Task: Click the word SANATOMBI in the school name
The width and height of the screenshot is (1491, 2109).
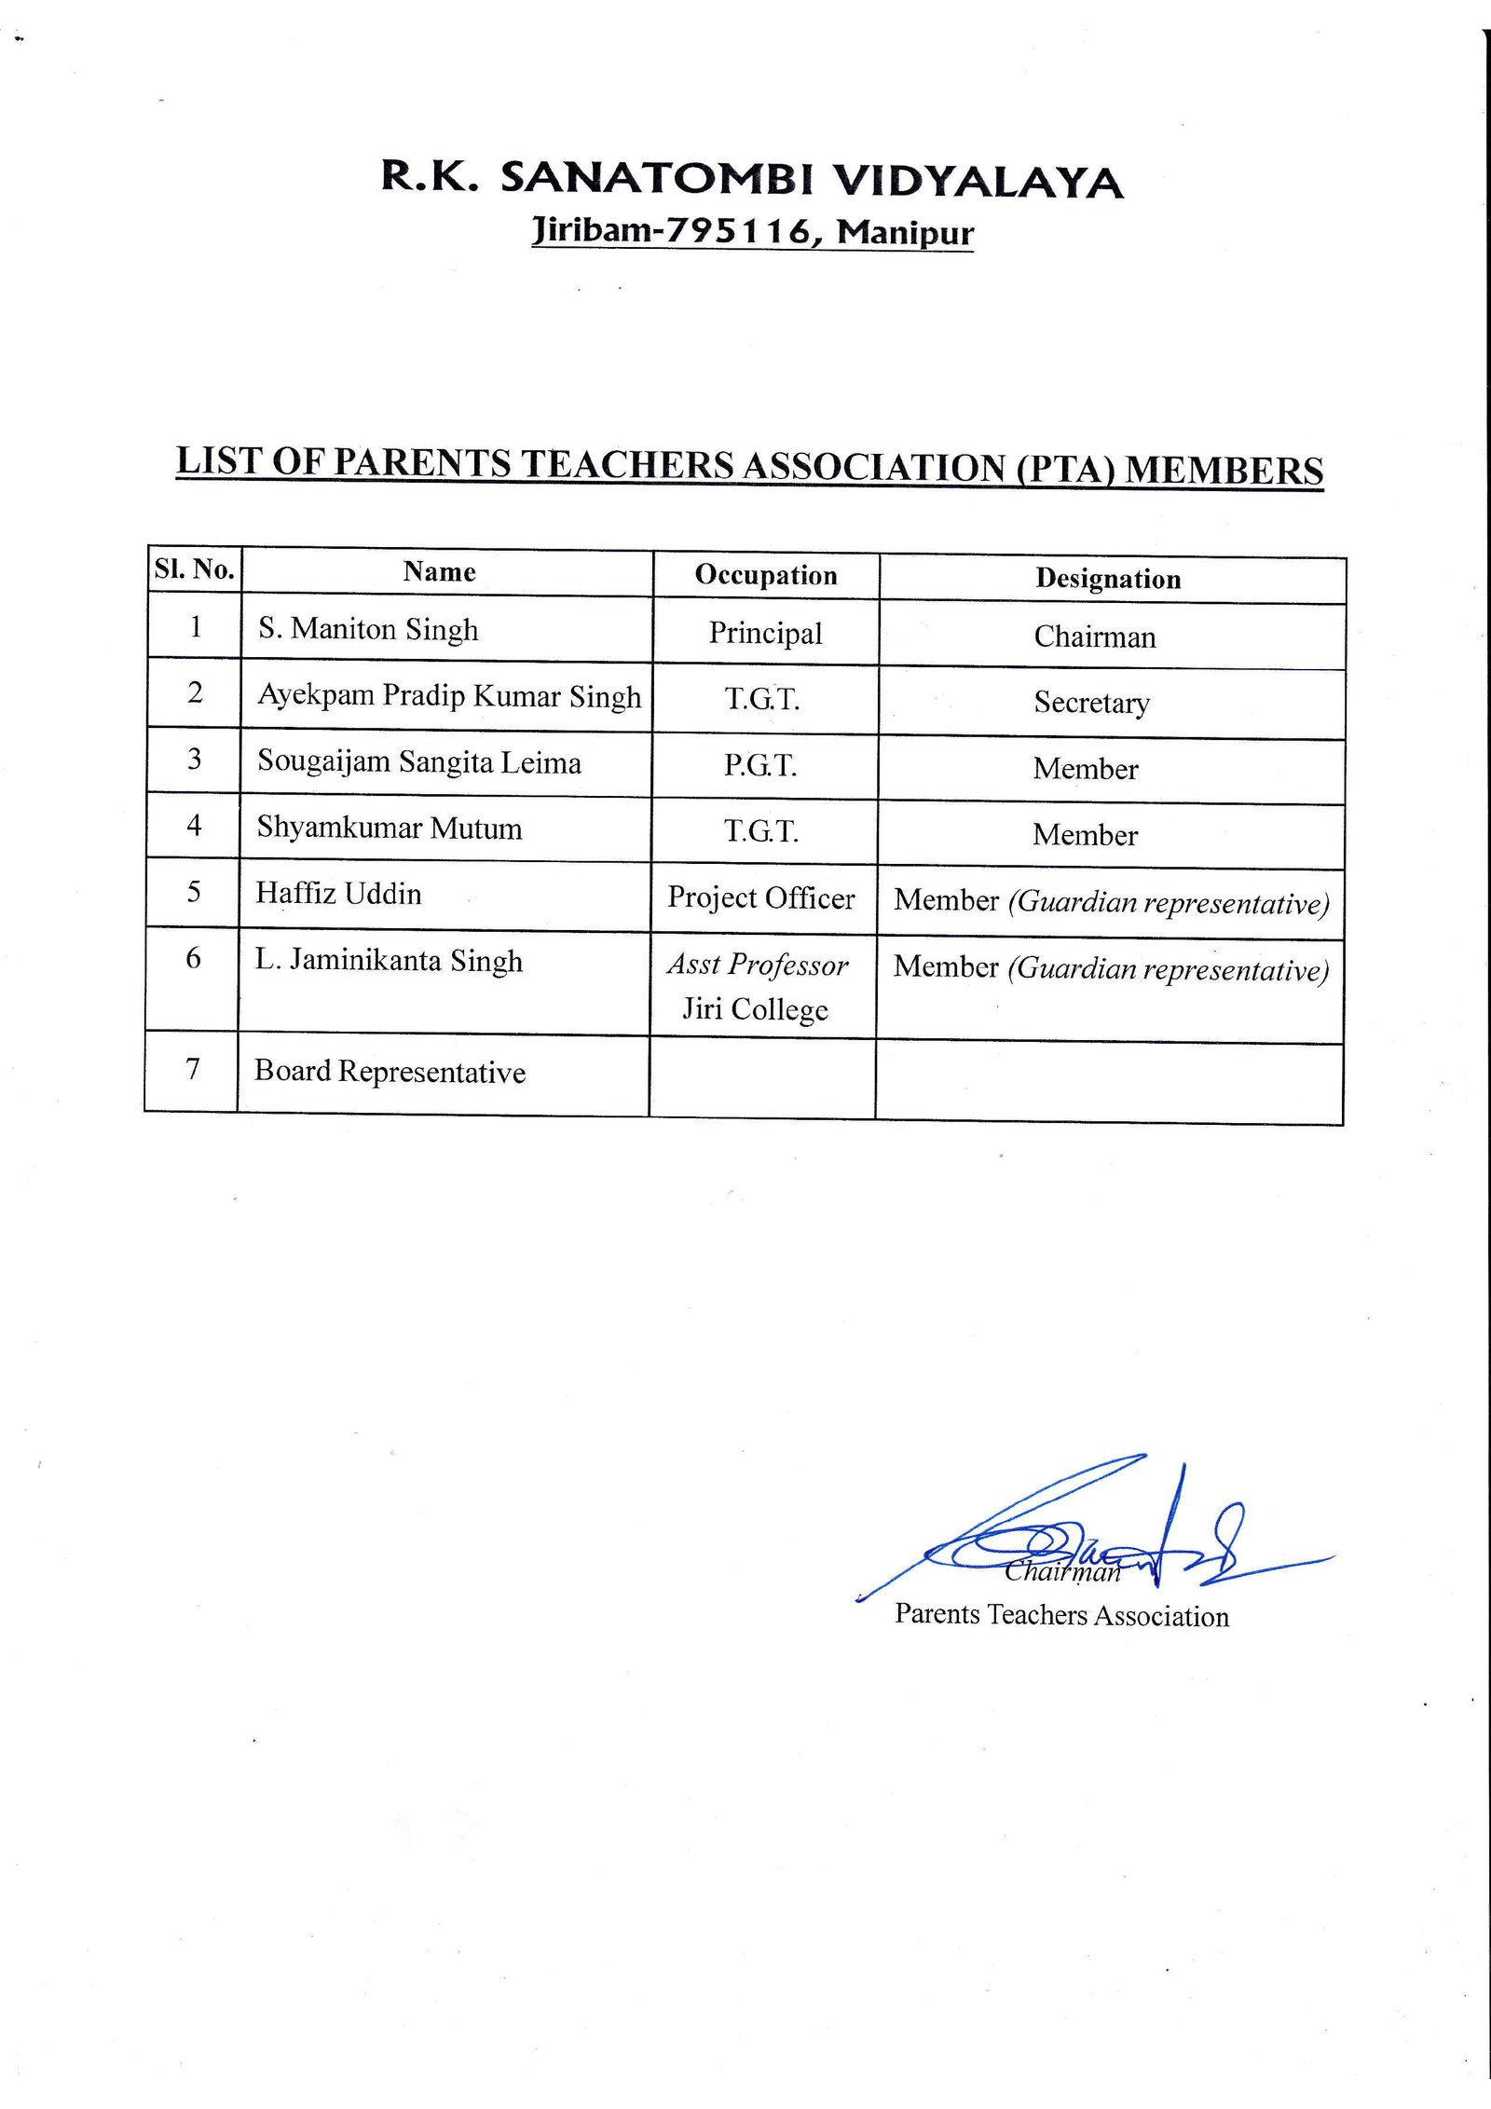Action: (656, 178)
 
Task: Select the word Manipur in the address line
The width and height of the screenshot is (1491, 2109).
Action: (905, 232)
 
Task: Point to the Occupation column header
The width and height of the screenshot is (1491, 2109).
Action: (766, 575)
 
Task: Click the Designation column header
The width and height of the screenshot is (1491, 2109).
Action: (1108, 579)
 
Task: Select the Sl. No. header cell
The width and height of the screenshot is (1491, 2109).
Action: (194, 569)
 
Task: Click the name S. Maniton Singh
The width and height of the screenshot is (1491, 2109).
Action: (368, 629)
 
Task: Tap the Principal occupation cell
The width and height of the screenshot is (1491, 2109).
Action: (765, 634)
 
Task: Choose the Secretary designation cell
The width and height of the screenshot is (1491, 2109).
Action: (1091, 703)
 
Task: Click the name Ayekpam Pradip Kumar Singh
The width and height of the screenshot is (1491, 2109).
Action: (449, 696)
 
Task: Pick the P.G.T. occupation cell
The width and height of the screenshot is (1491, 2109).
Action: (760, 765)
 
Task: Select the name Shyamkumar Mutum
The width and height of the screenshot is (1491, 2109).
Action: (389, 828)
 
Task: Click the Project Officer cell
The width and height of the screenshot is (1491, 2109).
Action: (760, 897)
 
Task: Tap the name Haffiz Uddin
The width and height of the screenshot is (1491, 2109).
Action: (338, 894)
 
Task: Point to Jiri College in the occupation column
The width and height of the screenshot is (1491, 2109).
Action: (755, 1009)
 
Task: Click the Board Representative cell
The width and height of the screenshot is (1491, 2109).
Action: (390, 1072)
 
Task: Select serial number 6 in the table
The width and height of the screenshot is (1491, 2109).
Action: (193, 958)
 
